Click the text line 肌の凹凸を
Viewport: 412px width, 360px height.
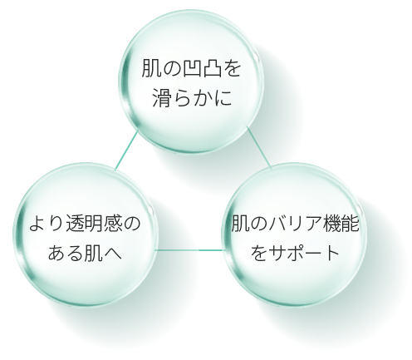191,67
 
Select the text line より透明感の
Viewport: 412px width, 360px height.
85,224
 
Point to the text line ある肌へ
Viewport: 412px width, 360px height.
85,253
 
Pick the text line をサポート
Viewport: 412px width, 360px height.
295,253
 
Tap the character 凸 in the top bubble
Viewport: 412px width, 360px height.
212,67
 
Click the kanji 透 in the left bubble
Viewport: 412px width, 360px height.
76,224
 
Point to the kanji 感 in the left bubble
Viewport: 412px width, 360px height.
113,224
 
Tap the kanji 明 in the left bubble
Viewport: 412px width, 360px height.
95,224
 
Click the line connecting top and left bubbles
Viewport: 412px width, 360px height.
126,150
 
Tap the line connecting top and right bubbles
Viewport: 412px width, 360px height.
259,146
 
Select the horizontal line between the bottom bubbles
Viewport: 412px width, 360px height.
190,250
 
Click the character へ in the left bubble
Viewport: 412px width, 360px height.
113,253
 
